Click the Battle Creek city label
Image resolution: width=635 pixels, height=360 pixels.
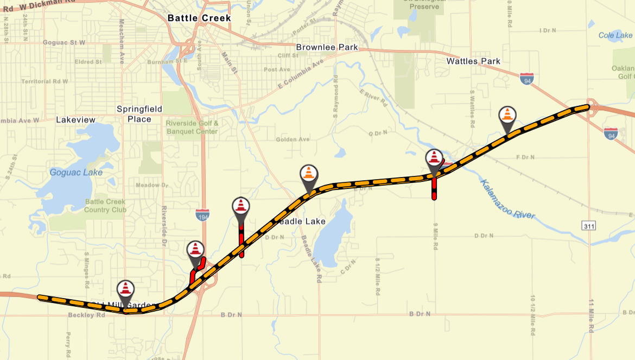click(199, 18)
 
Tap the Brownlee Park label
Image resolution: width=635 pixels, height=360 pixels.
click(327, 47)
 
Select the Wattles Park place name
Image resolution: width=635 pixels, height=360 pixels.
click(473, 61)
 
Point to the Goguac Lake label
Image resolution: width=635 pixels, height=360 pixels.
click(76, 173)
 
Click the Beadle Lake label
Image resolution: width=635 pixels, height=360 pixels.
click(302, 221)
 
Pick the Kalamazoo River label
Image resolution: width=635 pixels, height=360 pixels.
click(507, 199)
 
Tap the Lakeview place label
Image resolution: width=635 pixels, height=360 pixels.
click(75, 119)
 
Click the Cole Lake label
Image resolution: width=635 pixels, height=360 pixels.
click(615, 35)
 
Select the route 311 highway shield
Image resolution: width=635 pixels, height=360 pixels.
click(589, 225)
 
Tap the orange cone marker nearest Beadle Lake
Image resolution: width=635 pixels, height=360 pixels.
click(309, 174)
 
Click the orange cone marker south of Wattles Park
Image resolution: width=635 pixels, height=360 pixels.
click(507, 115)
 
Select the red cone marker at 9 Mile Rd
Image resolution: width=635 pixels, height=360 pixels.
click(434, 158)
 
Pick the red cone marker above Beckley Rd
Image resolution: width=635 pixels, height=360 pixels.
click(125, 289)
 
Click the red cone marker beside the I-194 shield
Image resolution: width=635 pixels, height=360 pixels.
click(241, 207)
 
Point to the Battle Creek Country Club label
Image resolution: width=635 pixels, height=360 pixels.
click(105, 206)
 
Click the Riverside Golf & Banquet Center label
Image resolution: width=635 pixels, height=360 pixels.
click(193, 127)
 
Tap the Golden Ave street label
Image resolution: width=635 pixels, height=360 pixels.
click(293, 140)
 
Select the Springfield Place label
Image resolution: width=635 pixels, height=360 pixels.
click(139, 114)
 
